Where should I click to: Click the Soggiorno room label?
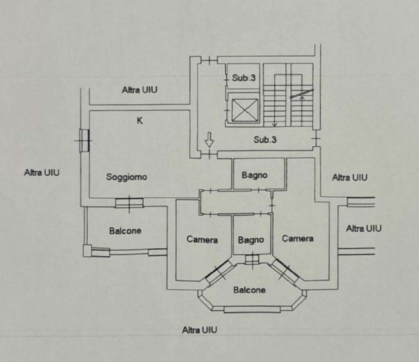pyautogui.click(x=126, y=177)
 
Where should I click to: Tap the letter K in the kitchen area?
pyautogui.click(x=140, y=121)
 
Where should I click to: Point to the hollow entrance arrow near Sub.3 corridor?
pyautogui.click(x=209, y=141)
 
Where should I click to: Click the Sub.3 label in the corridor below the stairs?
pyautogui.click(x=265, y=140)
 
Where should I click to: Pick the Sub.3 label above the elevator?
pyautogui.click(x=244, y=78)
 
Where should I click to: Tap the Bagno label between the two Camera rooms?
pyautogui.click(x=251, y=240)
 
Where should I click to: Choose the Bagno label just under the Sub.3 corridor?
pyautogui.click(x=254, y=175)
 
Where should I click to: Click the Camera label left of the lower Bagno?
pyautogui.click(x=202, y=240)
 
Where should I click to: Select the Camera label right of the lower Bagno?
pyautogui.click(x=298, y=239)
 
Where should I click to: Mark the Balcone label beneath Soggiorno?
pyautogui.click(x=125, y=231)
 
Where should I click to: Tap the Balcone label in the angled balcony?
pyautogui.click(x=249, y=290)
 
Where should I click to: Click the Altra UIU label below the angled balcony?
pyautogui.click(x=199, y=330)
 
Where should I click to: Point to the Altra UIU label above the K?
pyautogui.click(x=139, y=90)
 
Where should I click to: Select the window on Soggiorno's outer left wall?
pyautogui.click(x=84, y=141)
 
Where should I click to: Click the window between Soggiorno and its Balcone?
pyautogui.click(x=129, y=203)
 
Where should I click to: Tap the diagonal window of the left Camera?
pyautogui.click(x=219, y=271)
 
